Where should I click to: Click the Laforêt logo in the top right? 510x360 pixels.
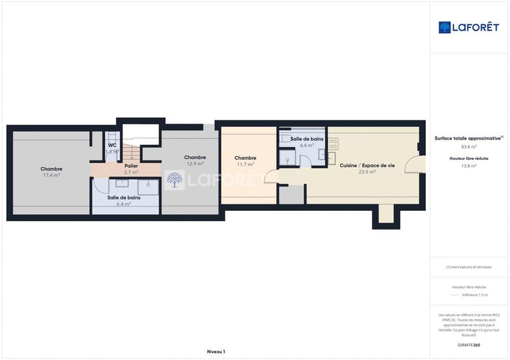tap(469, 27)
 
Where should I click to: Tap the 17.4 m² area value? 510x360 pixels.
tap(51, 175)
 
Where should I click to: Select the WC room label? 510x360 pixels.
tap(112, 145)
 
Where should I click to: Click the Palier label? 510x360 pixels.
tap(131, 166)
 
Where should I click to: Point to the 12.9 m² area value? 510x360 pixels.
tap(194, 164)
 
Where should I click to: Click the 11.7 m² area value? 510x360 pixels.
tap(245, 164)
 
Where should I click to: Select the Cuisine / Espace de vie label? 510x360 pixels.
tap(367, 165)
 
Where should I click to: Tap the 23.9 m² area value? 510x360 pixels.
tap(367, 171)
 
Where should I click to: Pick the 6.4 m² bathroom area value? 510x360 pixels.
tap(124, 204)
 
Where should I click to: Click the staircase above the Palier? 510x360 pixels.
tap(131, 151)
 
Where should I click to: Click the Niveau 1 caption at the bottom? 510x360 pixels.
tap(216, 352)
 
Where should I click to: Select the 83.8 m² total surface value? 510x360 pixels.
tap(469, 146)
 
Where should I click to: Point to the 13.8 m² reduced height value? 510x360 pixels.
tap(469, 166)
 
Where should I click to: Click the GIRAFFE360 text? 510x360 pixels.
tap(469, 345)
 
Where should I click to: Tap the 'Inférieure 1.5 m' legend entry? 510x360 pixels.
tap(474, 295)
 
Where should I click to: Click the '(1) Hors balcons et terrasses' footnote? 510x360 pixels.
tap(469, 267)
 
